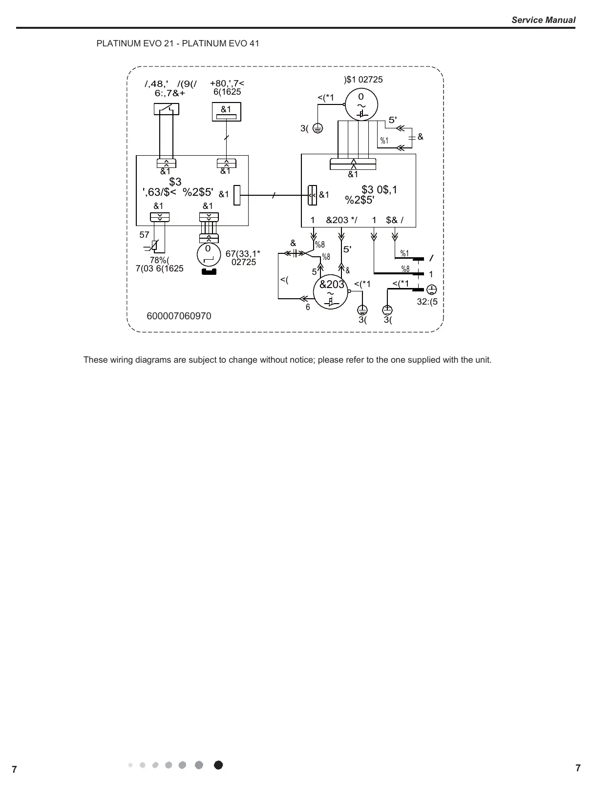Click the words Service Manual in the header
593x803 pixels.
543,20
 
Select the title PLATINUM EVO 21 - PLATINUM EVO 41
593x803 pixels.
178,43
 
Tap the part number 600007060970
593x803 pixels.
179,316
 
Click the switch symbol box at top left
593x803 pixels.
166,108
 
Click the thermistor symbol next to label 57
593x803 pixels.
154,246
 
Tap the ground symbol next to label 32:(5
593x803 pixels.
432,289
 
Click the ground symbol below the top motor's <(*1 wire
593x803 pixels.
318,128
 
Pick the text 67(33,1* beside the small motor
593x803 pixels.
243,253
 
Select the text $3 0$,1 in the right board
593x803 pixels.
379,190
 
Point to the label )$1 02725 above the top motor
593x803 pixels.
363,80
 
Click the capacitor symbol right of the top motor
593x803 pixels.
412,137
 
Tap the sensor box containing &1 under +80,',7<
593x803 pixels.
226,112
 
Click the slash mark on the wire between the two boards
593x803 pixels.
274,195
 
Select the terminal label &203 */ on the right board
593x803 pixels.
341,220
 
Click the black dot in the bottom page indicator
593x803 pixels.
218,765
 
